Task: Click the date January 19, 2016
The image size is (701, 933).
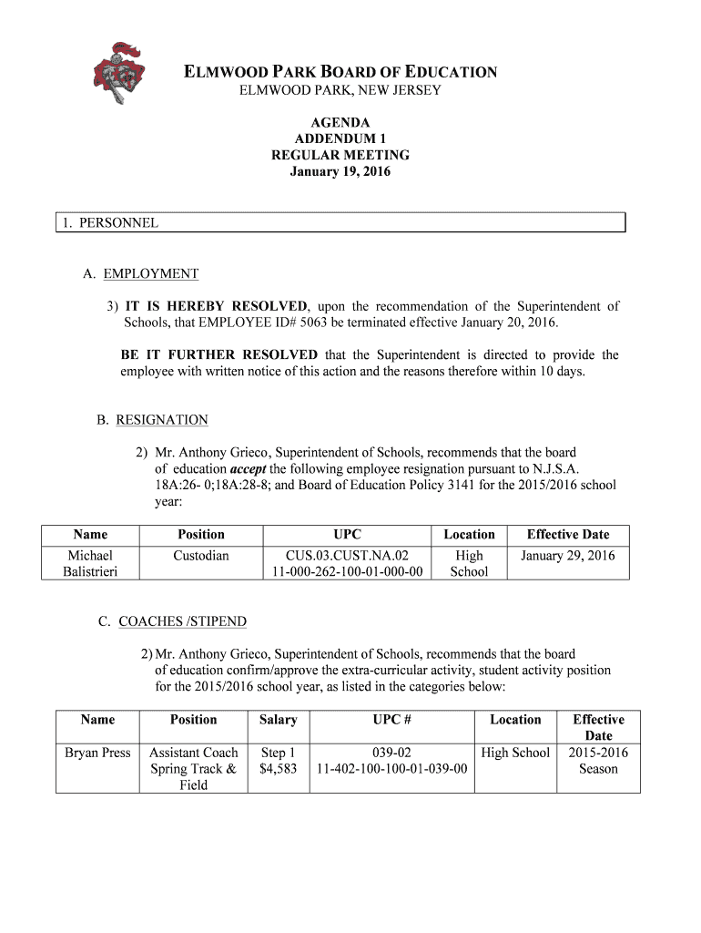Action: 340,171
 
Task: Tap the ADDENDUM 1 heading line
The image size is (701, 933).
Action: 340,138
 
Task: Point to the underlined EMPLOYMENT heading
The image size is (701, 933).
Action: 150,273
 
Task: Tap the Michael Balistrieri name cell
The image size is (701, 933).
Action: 89,563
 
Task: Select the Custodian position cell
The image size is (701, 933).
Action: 201,555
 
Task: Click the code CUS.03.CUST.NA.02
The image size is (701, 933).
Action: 347,555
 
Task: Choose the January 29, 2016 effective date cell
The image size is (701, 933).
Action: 568,555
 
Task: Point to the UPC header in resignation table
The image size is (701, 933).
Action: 347,535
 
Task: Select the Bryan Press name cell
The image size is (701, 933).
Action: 97,753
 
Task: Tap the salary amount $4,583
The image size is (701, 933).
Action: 278,769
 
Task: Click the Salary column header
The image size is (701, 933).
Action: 278,720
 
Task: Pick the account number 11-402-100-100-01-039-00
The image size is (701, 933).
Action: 391,769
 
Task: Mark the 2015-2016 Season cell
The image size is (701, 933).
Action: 598,761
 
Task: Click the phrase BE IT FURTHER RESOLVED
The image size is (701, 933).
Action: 218,354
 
